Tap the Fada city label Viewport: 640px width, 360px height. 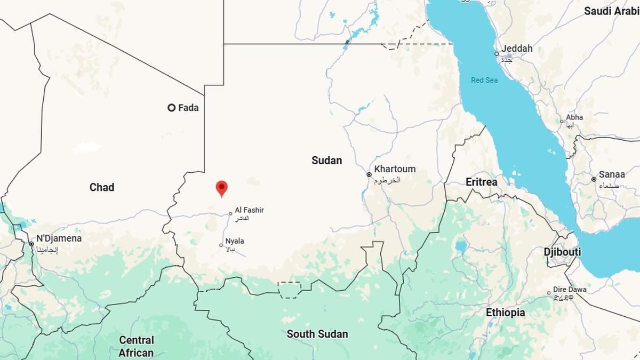[x=188, y=108]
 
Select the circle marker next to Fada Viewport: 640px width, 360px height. [x=171, y=108]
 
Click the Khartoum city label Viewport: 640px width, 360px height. [x=395, y=169]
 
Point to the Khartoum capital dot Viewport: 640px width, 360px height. [x=369, y=174]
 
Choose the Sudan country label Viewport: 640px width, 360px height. [x=326, y=161]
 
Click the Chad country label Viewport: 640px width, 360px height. [x=102, y=187]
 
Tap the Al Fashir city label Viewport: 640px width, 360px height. [x=250, y=211]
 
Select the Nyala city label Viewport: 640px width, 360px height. [x=235, y=241]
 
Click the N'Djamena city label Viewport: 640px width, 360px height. [x=59, y=238]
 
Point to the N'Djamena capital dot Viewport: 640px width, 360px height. [x=31, y=244]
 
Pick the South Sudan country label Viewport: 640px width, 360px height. [x=317, y=334]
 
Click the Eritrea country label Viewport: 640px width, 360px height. [x=481, y=182]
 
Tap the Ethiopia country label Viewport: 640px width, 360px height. [x=505, y=313]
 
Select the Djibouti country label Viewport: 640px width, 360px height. [x=562, y=252]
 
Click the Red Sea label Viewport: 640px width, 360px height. [x=484, y=81]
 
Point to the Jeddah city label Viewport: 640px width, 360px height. [x=517, y=49]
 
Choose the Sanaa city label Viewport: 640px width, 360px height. [x=612, y=174]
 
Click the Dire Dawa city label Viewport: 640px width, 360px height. [x=570, y=290]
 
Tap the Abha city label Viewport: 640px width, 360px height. [x=574, y=117]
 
